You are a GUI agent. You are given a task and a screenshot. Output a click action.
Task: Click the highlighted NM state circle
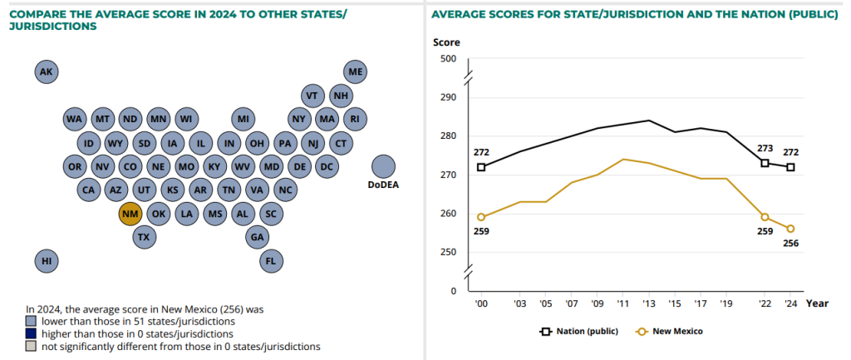click(130, 214)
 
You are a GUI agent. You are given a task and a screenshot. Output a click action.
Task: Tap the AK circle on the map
click(47, 72)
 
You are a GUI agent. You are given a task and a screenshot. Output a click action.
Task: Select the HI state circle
click(47, 261)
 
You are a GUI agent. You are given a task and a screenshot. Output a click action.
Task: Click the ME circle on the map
click(356, 72)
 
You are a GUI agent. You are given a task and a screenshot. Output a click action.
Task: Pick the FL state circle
click(271, 261)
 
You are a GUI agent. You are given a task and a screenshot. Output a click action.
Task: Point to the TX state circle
click(145, 237)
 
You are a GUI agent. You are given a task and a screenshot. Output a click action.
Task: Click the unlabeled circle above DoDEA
click(383, 166)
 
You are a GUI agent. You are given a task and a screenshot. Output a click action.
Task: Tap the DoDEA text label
click(383, 185)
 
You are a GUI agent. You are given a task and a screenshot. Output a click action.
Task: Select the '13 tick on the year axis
click(650, 303)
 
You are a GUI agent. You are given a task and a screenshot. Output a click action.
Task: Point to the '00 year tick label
click(480, 303)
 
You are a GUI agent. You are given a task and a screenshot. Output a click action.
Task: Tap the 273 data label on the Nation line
click(765, 150)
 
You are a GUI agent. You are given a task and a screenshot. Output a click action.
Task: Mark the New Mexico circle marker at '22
click(765, 217)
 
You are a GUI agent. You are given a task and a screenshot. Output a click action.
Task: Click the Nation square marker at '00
click(480, 167)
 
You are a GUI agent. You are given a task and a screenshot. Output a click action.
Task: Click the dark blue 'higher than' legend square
click(31, 333)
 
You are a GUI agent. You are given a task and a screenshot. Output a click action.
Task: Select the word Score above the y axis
click(446, 42)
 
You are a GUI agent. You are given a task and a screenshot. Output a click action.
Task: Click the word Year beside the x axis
click(816, 303)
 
